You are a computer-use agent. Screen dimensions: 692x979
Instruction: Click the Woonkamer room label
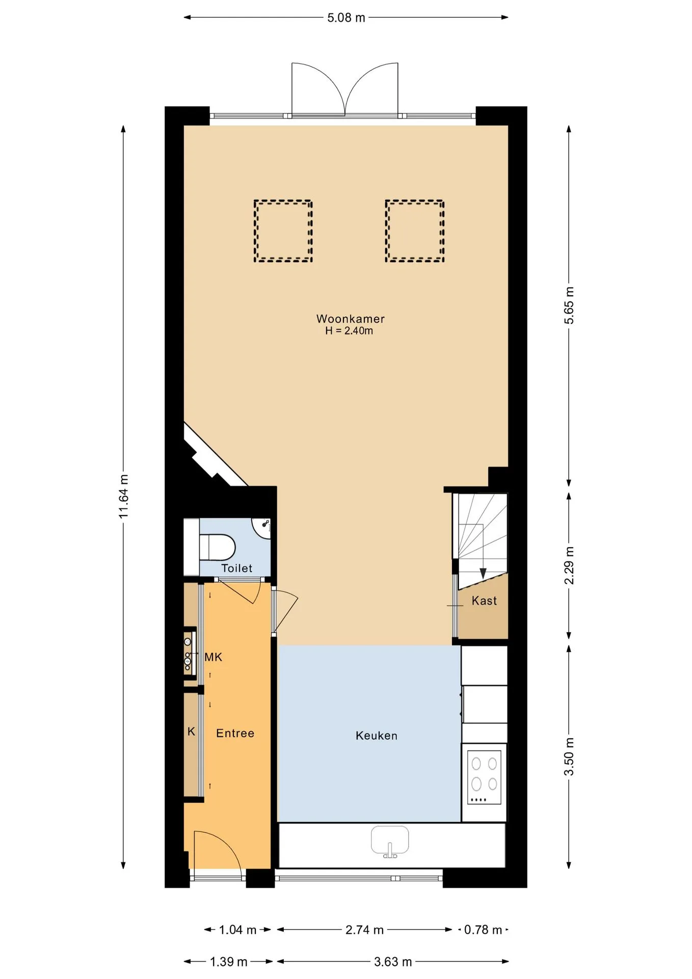[x=350, y=319]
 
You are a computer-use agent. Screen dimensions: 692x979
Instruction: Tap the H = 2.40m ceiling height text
[x=349, y=331]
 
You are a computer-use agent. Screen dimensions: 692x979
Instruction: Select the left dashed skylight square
[x=283, y=231]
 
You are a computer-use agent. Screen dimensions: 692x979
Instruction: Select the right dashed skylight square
[x=414, y=231]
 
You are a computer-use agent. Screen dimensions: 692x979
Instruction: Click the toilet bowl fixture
[x=217, y=547]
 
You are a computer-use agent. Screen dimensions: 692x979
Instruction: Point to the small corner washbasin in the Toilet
[x=261, y=528]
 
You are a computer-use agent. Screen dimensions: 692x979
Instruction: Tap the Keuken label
[x=376, y=735]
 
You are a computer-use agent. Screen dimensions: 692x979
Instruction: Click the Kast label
[x=484, y=601]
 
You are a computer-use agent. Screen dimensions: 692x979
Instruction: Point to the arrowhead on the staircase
[x=483, y=574]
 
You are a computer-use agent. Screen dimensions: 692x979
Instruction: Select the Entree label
[x=235, y=733]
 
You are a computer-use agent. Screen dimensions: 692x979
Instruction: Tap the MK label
[x=213, y=657]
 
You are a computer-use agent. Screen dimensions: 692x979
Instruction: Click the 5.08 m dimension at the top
[x=346, y=18]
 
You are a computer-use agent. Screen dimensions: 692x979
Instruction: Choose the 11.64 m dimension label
[x=124, y=496]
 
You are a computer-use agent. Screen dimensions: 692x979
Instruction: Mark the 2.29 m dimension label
[x=569, y=565]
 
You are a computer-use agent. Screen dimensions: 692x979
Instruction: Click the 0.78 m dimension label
[x=483, y=930]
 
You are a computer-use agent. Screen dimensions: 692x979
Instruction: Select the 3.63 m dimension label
[x=393, y=962]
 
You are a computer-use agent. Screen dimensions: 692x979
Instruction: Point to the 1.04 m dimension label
[x=237, y=930]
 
